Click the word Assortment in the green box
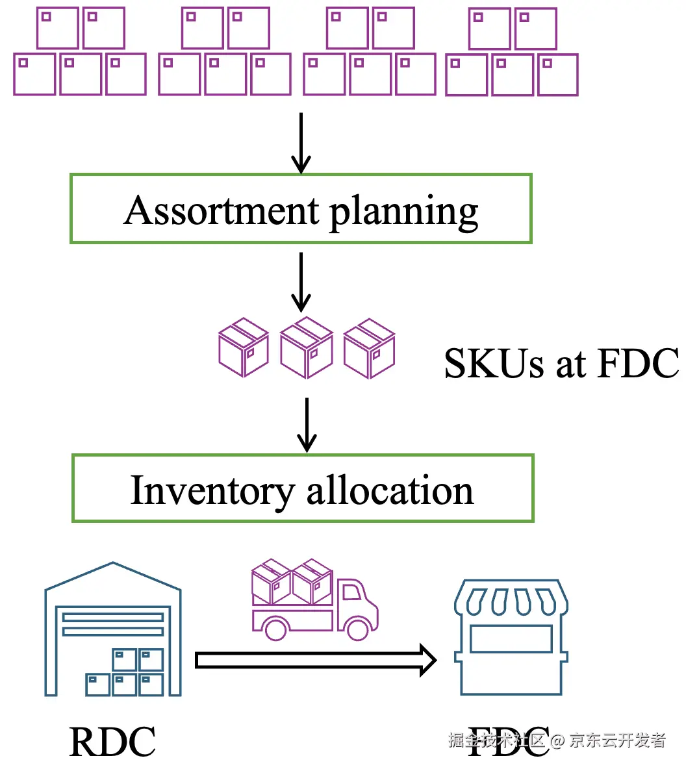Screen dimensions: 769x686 222,210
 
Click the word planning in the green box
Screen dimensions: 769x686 404,212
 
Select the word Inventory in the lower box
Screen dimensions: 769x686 212,490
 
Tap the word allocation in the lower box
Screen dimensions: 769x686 390,490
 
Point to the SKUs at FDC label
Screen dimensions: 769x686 561,363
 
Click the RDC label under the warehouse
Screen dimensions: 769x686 112,742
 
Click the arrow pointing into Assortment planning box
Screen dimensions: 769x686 301,143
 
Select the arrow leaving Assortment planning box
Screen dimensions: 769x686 301,282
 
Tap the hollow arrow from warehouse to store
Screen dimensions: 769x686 316,661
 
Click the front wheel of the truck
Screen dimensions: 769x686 357,628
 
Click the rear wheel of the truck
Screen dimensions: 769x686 275,628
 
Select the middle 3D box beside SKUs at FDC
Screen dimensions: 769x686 306,348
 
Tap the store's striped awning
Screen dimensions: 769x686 511,598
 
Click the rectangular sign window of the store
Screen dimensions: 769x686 511,639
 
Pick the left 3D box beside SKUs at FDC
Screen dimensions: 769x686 244,348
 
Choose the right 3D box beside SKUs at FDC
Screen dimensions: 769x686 369,348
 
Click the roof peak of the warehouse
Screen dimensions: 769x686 113,564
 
